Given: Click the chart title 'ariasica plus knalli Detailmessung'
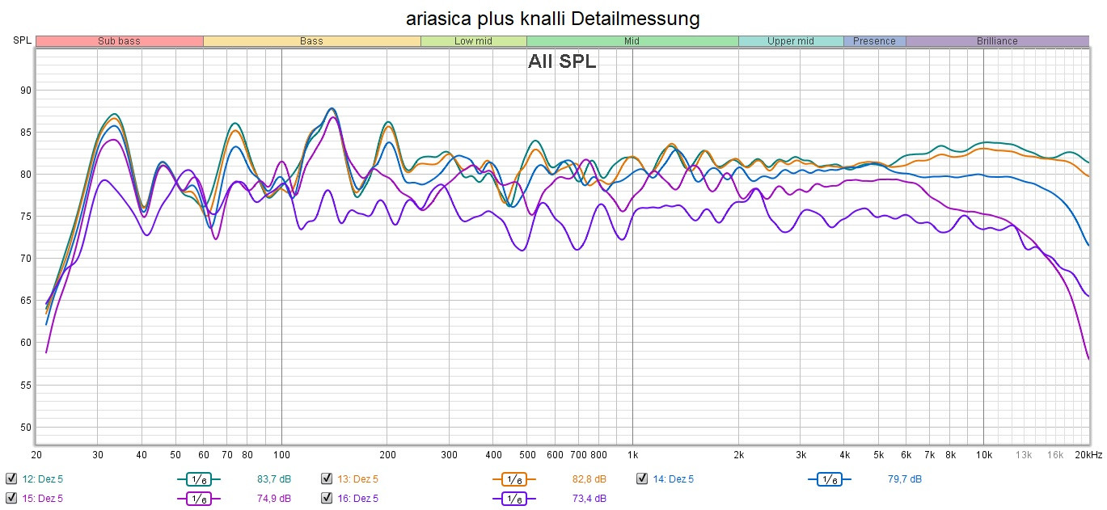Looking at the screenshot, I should click(553, 18).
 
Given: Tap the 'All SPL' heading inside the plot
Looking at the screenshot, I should click(562, 61).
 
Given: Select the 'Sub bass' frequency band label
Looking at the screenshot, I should click(119, 41).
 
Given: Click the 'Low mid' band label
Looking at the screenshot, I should click(474, 41).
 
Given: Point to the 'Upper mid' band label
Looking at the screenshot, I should click(791, 41).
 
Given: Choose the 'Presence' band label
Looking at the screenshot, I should click(874, 41).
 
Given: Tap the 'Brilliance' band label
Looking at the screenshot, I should click(997, 41).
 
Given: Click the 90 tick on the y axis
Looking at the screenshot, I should click(26, 91).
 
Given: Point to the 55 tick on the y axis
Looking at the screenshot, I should click(26, 385).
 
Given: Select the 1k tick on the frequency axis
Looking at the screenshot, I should click(633, 454).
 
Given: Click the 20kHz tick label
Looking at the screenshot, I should click(1088, 454).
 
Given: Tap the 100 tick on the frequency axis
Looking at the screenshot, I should click(281, 454).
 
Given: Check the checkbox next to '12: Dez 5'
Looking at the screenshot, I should click(11, 478).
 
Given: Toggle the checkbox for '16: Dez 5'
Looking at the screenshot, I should click(327, 498).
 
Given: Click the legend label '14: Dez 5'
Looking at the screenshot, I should click(673, 478).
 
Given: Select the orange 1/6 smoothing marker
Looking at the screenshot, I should click(513, 478).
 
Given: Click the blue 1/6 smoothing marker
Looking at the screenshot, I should click(829, 478).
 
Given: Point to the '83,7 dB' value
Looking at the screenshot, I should click(274, 478).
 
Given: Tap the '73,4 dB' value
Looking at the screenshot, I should click(589, 498).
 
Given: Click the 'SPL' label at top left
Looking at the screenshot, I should click(22, 41).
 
